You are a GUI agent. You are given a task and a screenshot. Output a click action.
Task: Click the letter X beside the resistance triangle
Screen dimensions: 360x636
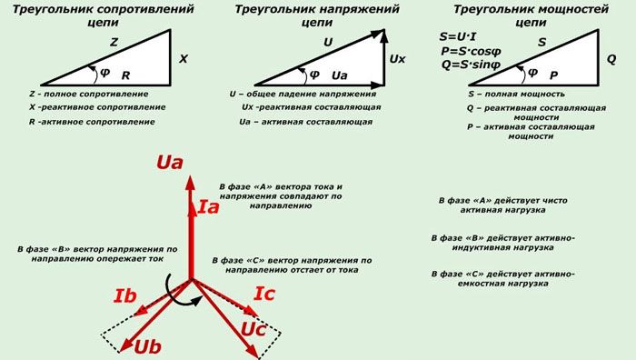[183, 58]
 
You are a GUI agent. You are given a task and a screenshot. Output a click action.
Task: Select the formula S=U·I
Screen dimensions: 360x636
[459, 36]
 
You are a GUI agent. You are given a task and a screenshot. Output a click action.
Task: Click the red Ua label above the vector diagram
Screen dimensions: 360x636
[170, 164]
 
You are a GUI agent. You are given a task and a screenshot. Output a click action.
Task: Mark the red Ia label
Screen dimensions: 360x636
[208, 208]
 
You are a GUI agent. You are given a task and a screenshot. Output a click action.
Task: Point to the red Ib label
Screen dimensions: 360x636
[125, 295]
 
